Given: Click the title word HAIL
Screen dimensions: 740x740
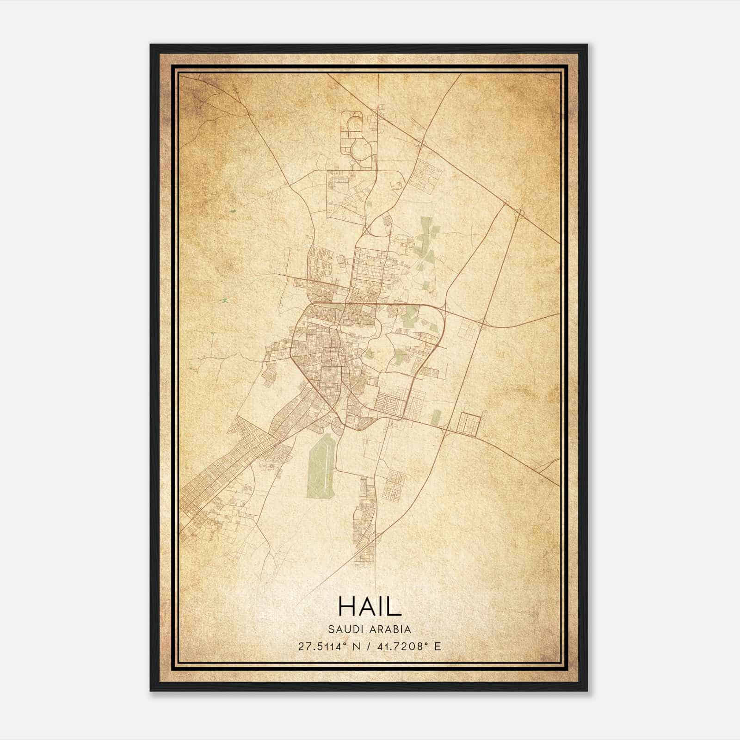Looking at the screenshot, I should tap(370, 606).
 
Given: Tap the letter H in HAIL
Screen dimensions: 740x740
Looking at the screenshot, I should tap(347, 606).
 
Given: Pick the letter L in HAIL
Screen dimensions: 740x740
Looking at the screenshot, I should tap(394, 606).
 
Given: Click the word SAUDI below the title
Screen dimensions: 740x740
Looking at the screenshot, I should tap(344, 629).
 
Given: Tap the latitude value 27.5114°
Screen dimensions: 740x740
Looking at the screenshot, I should tap(322, 646).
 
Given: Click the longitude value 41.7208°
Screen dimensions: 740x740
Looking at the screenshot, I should tap(400, 646).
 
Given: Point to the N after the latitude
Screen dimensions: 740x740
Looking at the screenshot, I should tap(356, 646).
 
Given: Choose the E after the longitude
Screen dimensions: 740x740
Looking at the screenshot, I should tap(437, 646).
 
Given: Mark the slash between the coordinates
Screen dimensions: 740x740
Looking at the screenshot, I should tap(368, 646).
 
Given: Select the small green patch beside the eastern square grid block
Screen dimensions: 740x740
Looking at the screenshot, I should tap(436, 417).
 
